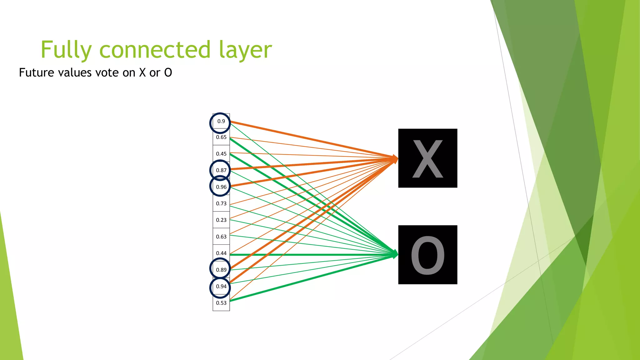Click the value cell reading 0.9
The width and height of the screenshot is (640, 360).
click(221, 121)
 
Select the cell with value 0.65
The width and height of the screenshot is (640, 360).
click(221, 137)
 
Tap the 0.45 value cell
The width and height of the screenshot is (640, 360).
click(221, 154)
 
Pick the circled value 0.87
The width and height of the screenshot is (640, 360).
click(221, 170)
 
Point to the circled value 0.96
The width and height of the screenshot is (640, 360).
click(221, 187)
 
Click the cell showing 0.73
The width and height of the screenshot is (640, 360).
click(221, 203)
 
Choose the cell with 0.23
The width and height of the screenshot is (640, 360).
click(221, 220)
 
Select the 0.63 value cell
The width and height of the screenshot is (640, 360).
click(221, 237)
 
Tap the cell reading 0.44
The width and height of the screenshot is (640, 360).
click(221, 253)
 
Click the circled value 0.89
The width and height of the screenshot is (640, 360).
click(221, 270)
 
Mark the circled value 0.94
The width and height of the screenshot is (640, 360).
click(221, 286)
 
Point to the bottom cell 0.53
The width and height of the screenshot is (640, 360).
click(221, 303)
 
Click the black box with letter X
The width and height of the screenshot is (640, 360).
click(427, 158)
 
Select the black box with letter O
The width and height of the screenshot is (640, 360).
click(427, 255)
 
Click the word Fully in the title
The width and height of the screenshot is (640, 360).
click(66, 50)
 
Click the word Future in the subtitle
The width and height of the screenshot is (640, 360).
click(37, 72)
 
